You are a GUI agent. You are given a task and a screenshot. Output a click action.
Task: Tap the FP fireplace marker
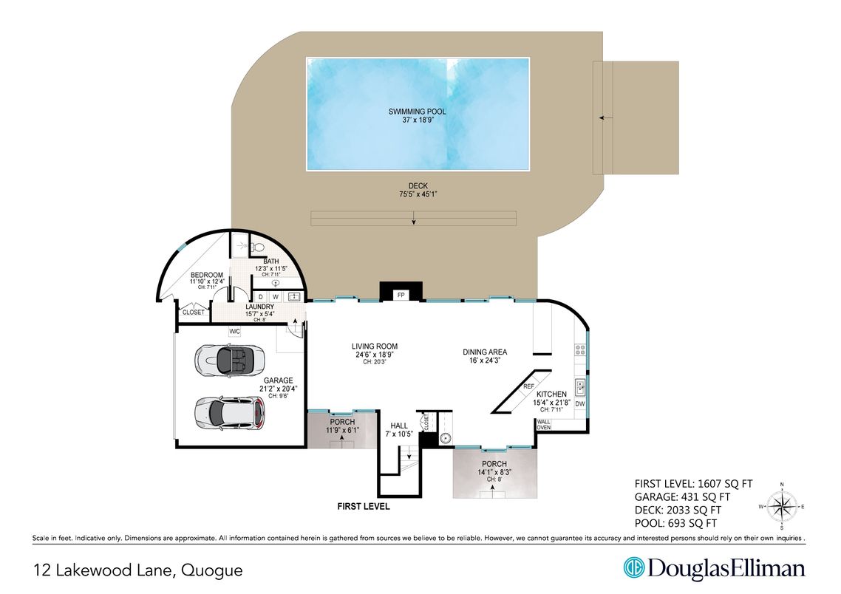pyautogui.click(x=401, y=296)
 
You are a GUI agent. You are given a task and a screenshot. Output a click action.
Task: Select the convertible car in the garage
pyautogui.click(x=230, y=360)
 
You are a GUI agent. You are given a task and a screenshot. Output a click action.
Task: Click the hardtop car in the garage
pyautogui.click(x=230, y=413)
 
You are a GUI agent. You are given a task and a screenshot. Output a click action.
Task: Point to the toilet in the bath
pyautogui.click(x=256, y=247)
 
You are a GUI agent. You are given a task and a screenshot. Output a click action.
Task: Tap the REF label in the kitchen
pyautogui.click(x=529, y=386)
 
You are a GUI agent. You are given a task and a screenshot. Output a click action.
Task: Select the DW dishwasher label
pyautogui.click(x=580, y=403)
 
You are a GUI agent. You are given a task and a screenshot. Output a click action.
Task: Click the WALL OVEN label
pyautogui.click(x=544, y=425)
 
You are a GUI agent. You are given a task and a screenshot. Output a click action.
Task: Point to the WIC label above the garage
pyautogui.click(x=234, y=332)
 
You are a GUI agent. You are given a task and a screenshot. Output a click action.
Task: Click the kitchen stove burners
pyautogui.click(x=580, y=350)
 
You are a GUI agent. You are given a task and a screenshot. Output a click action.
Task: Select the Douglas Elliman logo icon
pyautogui.click(x=633, y=567)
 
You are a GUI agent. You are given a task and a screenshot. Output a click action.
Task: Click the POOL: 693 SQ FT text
pyautogui.click(x=675, y=523)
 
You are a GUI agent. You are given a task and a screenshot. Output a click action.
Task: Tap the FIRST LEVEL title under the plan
pyautogui.click(x=363, y=506)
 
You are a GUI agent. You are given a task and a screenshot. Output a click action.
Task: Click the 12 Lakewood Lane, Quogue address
pyautogui.click(x=138, y=570)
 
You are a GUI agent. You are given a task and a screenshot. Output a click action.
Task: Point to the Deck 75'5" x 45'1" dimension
pyautogui.click(x=418, y=194)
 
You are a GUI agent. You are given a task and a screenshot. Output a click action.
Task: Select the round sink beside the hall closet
pyautogui.click(x=445, y=439)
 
